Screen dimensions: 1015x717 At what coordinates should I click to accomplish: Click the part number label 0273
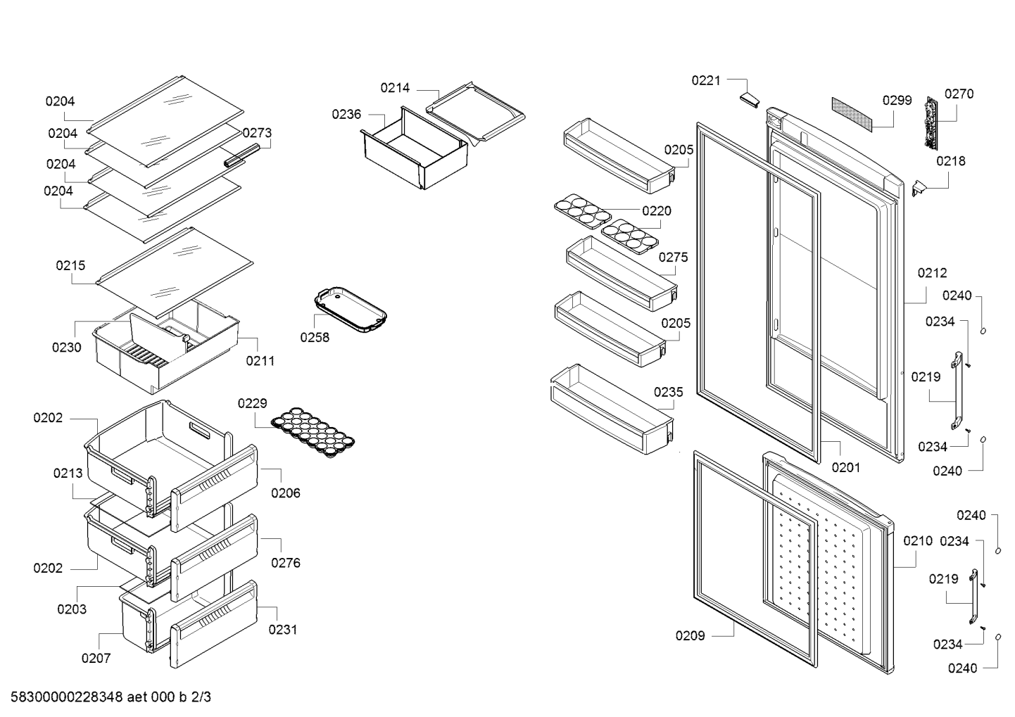point(257,133)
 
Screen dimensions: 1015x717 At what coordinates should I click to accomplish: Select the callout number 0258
point(315,337)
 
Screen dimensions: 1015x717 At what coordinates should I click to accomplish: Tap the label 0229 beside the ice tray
point(253,403)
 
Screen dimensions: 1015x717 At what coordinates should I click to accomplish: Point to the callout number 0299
point(897,100)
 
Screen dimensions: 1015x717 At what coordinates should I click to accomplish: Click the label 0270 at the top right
point(959,94)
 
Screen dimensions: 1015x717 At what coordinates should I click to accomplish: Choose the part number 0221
point(706,81)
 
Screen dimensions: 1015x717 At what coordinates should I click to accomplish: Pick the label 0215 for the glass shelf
point(70,265)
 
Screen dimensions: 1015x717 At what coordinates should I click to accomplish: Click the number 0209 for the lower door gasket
point(690,635)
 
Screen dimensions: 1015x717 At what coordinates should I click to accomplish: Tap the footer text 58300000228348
point(66,697)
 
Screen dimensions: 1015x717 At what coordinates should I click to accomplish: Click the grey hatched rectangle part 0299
point(852,115)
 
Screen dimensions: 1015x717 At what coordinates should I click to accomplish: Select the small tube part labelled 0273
point(242,155)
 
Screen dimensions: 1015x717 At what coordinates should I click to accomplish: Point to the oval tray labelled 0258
point(351,310)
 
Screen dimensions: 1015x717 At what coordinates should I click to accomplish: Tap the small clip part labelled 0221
point(750,101)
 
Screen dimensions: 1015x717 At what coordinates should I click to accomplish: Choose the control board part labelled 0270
point(931,122)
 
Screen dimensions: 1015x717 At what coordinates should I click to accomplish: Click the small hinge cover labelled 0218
point(919,188)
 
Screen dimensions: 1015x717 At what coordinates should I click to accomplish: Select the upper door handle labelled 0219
point(956,390)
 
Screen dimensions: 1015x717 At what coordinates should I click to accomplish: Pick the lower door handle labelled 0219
point(973,597)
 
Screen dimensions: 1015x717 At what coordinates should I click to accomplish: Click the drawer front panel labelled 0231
point(213,624)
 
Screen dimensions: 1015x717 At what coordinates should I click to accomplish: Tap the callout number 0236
point(346,114)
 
